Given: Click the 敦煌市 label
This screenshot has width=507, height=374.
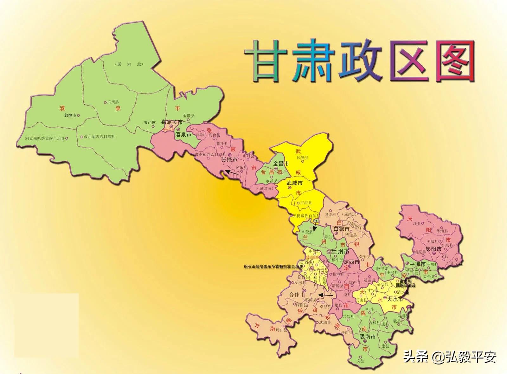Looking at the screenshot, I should tap(70, 115).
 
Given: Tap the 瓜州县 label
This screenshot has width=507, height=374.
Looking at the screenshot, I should tap(113, 102).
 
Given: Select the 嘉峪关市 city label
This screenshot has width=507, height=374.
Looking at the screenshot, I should tap(172, 122).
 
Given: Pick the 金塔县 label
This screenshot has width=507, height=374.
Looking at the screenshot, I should tap(189, 116).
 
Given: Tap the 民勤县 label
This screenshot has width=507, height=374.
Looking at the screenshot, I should tap(302, 158).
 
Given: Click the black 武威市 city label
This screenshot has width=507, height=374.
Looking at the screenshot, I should tap(294, 183).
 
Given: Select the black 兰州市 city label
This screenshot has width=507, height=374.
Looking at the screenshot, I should tap(340, 251).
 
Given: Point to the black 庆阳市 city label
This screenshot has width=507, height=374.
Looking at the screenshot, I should tap(433, 249).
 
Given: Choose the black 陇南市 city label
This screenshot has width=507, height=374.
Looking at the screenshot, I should tap(367, 337).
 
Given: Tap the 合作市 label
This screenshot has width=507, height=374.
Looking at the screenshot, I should tap(297, 294).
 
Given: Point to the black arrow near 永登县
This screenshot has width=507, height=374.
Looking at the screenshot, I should tap(315, 226).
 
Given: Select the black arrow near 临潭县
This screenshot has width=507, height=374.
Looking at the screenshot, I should tap(326, 295).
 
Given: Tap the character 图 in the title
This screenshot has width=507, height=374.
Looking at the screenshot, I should tap(455, 61).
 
